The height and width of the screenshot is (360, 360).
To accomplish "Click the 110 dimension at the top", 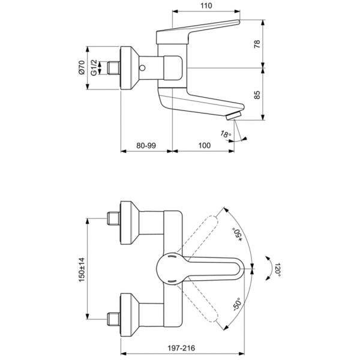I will point(206,5).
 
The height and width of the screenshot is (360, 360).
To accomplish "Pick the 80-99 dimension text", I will point(146,146).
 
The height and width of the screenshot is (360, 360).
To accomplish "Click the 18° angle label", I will point(224,135).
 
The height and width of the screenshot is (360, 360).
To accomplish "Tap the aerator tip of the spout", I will point(238,114).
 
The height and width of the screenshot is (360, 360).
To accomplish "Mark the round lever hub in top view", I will point(172,268).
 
